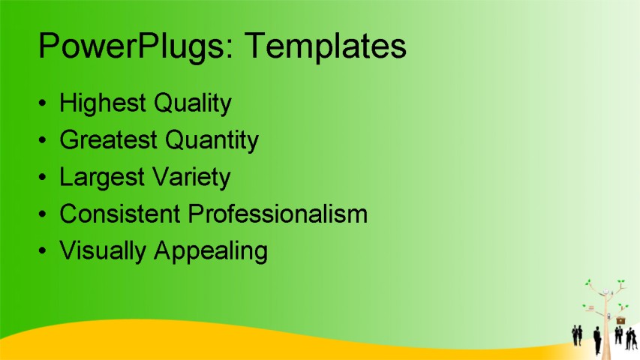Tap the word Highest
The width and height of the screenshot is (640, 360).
point(103,103)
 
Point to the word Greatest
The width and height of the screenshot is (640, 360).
point(108,139)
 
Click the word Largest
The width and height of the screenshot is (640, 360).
point(101,177)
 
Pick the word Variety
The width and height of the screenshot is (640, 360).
point(190,177)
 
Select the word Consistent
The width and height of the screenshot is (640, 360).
point(120,214)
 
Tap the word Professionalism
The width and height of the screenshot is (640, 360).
point(278,214)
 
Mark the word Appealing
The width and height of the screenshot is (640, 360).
point(211,250)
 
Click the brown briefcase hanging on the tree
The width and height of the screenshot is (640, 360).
point(620,319)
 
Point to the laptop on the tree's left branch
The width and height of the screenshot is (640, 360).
point(590,307)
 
